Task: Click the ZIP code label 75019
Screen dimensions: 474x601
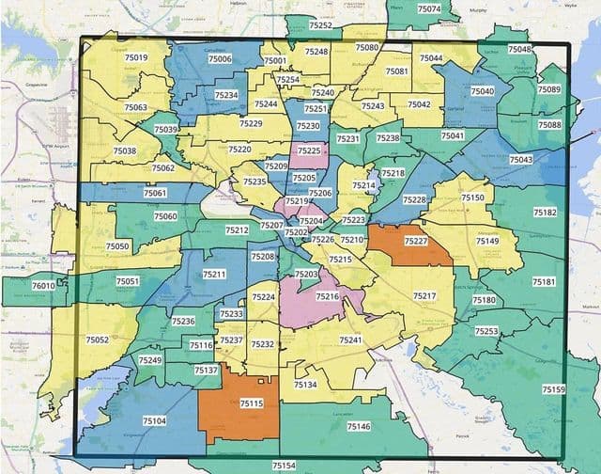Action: click(136, 58)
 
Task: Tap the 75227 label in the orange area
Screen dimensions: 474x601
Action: click(415, 241)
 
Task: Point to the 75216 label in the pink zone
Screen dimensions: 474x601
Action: click(327, 296)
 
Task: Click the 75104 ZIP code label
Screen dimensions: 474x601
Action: click(155, 421)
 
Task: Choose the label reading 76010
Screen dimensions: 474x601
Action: click(43, 285)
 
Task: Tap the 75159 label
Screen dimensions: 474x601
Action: click(554, 389)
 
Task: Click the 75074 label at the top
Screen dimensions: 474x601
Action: click(428, 8)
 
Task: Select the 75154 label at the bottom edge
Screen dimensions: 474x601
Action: click(284, 466)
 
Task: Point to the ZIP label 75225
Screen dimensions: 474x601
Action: click(308, 150)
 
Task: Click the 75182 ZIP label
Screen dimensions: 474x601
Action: click(545, 213)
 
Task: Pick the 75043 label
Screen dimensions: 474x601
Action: click(521, 160)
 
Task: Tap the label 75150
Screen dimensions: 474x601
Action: click(473, 197)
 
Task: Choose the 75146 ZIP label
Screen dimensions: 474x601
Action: click(359, 426)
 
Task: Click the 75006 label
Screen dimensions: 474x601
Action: click(220, 58)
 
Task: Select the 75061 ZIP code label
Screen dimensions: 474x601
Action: click(155, 193)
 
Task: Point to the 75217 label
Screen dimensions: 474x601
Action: click(424, 296)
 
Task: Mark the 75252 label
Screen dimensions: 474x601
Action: click(320, 25)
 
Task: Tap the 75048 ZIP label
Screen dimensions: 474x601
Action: click(519, 49)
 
